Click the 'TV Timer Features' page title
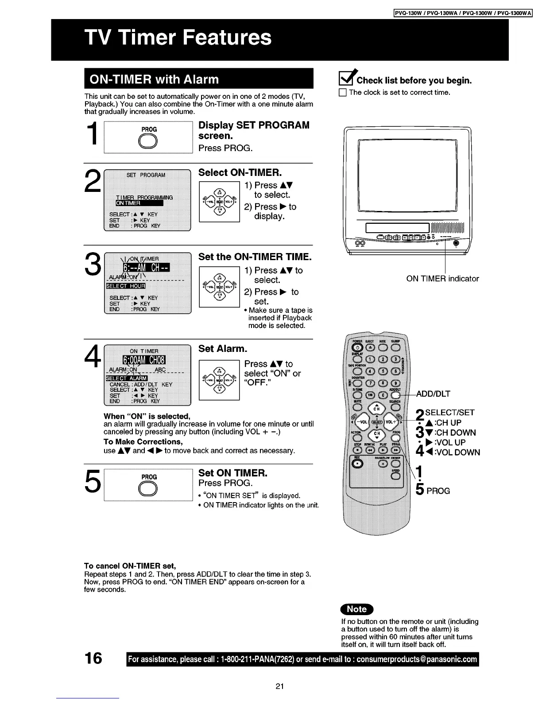tap(178, 37)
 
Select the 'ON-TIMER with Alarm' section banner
tap(154, 79)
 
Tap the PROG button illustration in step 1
tap(149, 142)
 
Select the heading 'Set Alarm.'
tap(223, 349)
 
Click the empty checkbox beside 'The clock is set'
tap(342, 93)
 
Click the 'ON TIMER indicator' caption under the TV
tap(442, 279)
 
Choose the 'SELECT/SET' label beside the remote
tap(449, 413)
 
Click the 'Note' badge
tap(357, 609)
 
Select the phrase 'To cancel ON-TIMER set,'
tap(130, 566)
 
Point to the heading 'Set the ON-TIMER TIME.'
tap(255, 257)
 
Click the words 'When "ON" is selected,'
tap(147, 416)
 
